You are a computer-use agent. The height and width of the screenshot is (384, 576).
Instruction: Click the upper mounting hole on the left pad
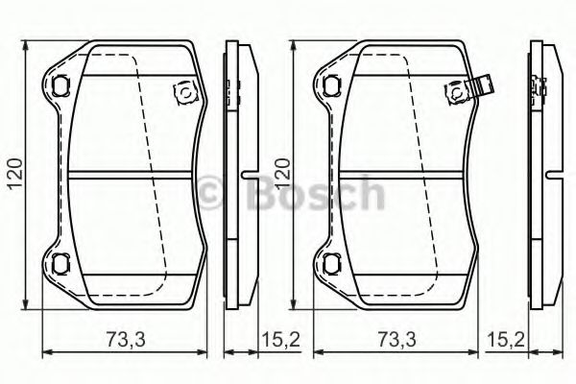click(61, 84)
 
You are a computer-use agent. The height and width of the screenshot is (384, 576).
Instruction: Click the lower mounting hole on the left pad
click(61, 264)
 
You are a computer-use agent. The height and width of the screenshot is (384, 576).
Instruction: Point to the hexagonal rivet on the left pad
click(181, 92)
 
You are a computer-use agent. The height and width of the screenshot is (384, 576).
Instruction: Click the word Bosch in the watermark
click(316, 194)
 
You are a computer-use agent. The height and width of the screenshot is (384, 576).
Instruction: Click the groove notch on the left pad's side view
click(248, 175)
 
